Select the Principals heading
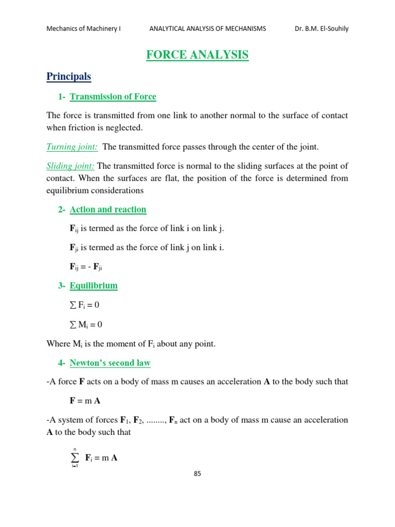pyautogui.click(x=68, y=77)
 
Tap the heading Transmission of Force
pyautogui.click(x=113, y=97)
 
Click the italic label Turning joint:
pyautogui.click(x=73, y=147)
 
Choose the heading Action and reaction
pyautogui.click(x=107, y=209)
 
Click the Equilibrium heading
pyautogui.click(x=94, y=286)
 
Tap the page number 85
pyautogui.click(x=197, y=473)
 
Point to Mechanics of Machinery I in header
pyautogui.click(x=84, y=29)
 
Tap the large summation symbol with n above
pyautogui.click(x=75, y=457)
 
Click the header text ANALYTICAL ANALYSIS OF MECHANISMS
pyautogui.click(x=208, y=29)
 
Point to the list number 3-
pyautogui.click(x=62, y=286)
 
